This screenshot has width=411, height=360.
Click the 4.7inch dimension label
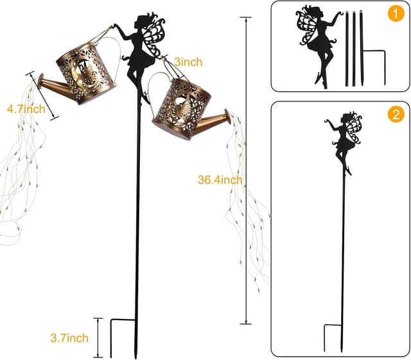pos(26,109)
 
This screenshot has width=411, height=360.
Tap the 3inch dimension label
pos(188,62)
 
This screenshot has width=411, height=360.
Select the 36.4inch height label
pos(220,180)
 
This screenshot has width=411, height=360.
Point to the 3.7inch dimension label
pos(69,338)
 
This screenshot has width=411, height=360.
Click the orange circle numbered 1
pos(396,13)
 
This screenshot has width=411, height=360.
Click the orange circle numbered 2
pos(396,114)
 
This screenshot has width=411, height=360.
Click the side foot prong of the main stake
pos(111,338)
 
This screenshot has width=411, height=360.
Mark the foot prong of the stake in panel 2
pos(325,338)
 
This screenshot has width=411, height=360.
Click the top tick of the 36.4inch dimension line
pos(245,17)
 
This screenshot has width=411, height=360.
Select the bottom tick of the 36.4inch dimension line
pos(245,324)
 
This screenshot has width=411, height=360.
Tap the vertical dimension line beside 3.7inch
pos(98,338)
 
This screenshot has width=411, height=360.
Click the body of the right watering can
pos(182,110)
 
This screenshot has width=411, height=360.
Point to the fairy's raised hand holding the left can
pos(116,26)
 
